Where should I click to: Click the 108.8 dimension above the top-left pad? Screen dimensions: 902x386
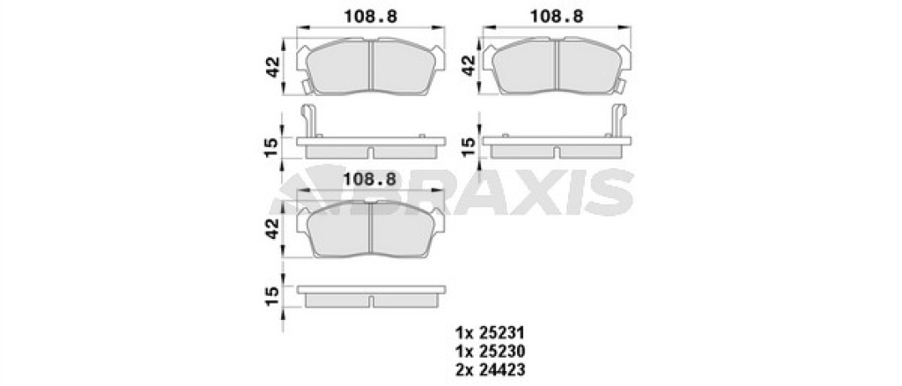(x=371, y=17)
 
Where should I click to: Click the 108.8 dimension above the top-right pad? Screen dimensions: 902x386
(x=557, y=17)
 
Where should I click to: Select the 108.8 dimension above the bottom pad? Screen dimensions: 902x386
(x=369, y=180)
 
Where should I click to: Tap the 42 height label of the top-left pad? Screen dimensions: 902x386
(x=273, y=67)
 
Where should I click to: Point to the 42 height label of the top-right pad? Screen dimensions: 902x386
(x=469, y=65)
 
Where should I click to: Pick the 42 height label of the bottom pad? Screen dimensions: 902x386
(x=273, y=228)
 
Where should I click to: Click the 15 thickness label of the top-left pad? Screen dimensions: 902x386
(x=273, y=147)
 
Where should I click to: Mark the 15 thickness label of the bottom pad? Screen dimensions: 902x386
(x=273, y=296)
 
